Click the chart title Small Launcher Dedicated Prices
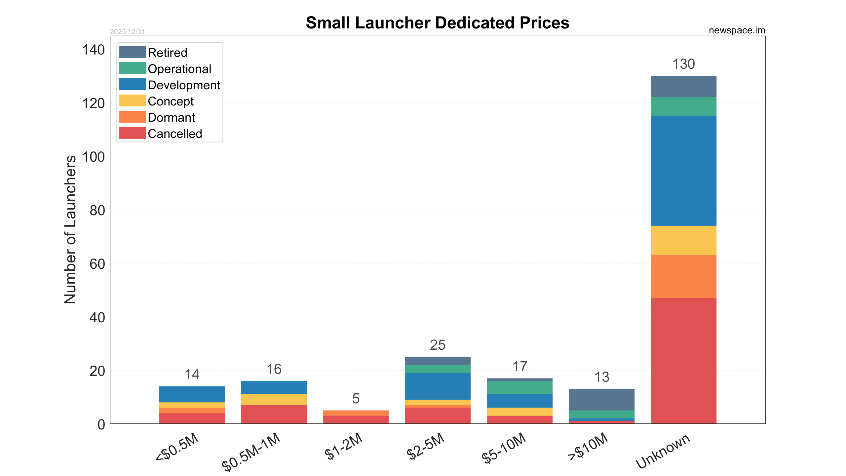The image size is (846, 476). coord(437,23)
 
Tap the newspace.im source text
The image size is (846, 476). coord(737,30)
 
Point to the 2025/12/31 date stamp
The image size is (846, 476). coord(127,32)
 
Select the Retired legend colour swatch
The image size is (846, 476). coord(132,52)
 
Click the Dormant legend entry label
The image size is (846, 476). coord(171,118)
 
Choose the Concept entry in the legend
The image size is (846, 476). coord(171,101)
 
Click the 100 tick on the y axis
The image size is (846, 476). coord(94,157)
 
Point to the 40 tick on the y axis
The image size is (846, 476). coord(97,318)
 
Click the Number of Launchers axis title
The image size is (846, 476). coord(70,229)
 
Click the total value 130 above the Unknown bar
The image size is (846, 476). coord(683,64)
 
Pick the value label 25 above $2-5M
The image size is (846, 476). coord(438,345)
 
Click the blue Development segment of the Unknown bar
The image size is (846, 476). coord(683,171)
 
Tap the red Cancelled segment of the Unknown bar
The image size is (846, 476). coord(683,361)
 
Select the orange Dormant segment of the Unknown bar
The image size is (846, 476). coord(683,277)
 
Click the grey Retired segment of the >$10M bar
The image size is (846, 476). coord(601,400)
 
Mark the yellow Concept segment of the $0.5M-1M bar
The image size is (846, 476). coord(274,400)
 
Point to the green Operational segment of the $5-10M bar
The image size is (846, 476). coord(519,388)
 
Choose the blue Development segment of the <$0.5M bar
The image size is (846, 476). coord(192,394)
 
